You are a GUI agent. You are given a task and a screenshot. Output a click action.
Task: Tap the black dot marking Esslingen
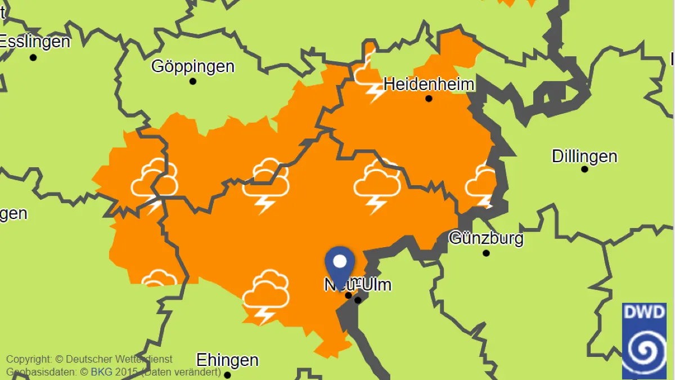click(x=33, y=57)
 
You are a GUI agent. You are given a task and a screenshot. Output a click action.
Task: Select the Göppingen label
click(x=193, y=66)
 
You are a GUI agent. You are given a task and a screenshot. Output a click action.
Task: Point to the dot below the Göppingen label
click(x=193, y=82)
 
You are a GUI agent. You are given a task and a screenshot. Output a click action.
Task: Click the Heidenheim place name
click(x=429, y=84)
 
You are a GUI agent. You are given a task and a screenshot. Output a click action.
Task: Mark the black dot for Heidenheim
click(x=429, y=99)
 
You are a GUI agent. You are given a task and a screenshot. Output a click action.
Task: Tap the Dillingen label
click(x=584, y=156)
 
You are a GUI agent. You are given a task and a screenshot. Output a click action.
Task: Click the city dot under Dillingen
click(x=584, y=169)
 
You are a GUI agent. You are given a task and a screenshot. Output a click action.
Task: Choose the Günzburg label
click(x=486, y=238)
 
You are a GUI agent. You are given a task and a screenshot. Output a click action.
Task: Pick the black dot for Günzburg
click(x=486, y=253)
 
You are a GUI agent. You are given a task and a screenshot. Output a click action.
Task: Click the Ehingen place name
click(x=227, y=360)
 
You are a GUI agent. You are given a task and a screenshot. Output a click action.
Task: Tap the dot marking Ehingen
click(x=227, y=375)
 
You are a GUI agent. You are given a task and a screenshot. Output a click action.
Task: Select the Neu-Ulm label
click(x=358, y=285)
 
